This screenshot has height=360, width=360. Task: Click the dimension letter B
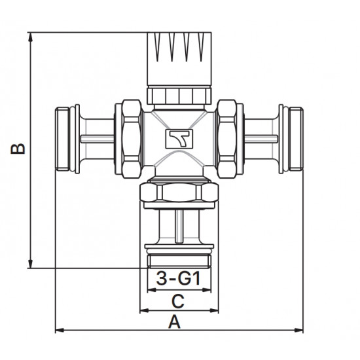[18, 149]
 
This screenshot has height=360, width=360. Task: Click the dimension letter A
[175, 322]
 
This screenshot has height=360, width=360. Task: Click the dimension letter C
[178, 302]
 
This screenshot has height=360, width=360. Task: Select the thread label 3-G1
[179, 278]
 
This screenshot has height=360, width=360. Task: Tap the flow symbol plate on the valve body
[179, 139]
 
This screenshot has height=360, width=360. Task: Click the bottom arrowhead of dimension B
[30, 264]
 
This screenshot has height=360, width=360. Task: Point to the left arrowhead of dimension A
[60, 331]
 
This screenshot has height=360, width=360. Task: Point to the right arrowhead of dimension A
[298, 331]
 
